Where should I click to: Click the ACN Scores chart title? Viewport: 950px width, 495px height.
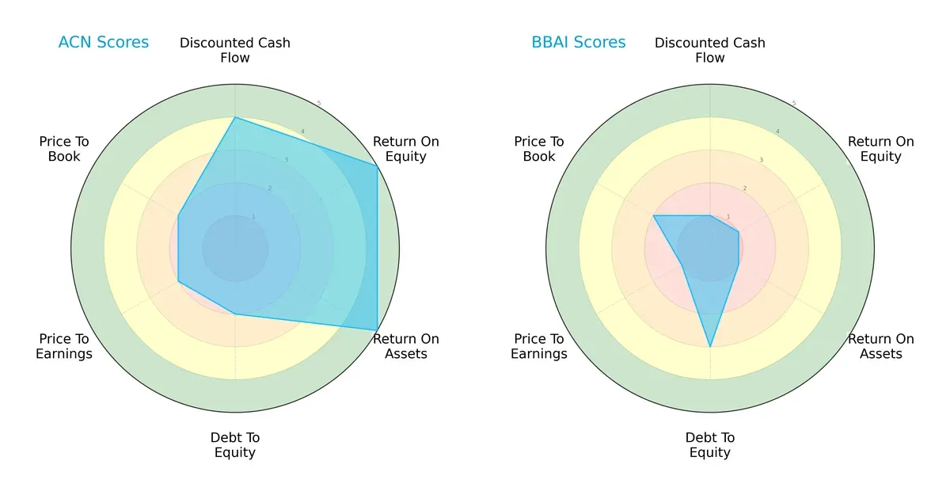103,43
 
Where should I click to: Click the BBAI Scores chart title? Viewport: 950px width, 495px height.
578,43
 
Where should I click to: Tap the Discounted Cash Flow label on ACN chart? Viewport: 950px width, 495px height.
235,50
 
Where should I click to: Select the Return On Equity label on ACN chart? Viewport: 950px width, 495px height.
406,149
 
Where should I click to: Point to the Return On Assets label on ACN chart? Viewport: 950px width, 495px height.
406,346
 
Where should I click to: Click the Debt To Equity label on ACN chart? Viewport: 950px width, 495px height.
235,445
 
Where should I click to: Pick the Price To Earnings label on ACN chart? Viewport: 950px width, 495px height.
64,346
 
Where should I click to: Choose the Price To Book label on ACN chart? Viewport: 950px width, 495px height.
64,149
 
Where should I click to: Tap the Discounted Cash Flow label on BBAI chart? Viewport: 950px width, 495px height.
710,50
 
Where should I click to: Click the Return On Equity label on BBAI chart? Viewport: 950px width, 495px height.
881,149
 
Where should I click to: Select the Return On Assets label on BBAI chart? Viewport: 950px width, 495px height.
881,346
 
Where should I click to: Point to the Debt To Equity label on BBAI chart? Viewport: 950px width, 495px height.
710,445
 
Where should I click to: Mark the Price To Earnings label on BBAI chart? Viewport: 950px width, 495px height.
539,346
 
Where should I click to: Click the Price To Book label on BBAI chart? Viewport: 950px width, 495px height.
539,149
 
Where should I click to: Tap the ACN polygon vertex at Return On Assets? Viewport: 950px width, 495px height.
377,330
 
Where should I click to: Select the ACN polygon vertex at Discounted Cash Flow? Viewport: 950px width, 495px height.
235,117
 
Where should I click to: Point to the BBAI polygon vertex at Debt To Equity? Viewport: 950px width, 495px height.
710,347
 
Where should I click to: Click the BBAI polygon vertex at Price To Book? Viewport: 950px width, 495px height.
653,215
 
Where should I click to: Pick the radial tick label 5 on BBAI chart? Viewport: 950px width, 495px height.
794,104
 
